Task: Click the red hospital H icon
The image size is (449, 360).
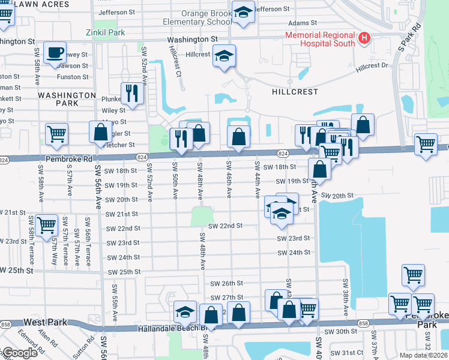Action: [x=363, y=39]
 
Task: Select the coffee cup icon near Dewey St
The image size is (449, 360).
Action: [x=55, y=52]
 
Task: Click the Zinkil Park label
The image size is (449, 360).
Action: [x=106, y=32]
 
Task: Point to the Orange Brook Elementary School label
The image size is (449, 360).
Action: [x=197, y=17]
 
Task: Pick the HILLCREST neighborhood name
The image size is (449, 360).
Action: [x=294, y=92]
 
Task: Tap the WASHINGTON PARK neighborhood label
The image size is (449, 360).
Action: [x=67, y=99]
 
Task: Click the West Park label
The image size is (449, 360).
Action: [x=46, y=322]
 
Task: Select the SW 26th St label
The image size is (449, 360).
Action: [x=226, y=283]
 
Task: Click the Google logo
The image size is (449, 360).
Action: [x=19, y=353]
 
